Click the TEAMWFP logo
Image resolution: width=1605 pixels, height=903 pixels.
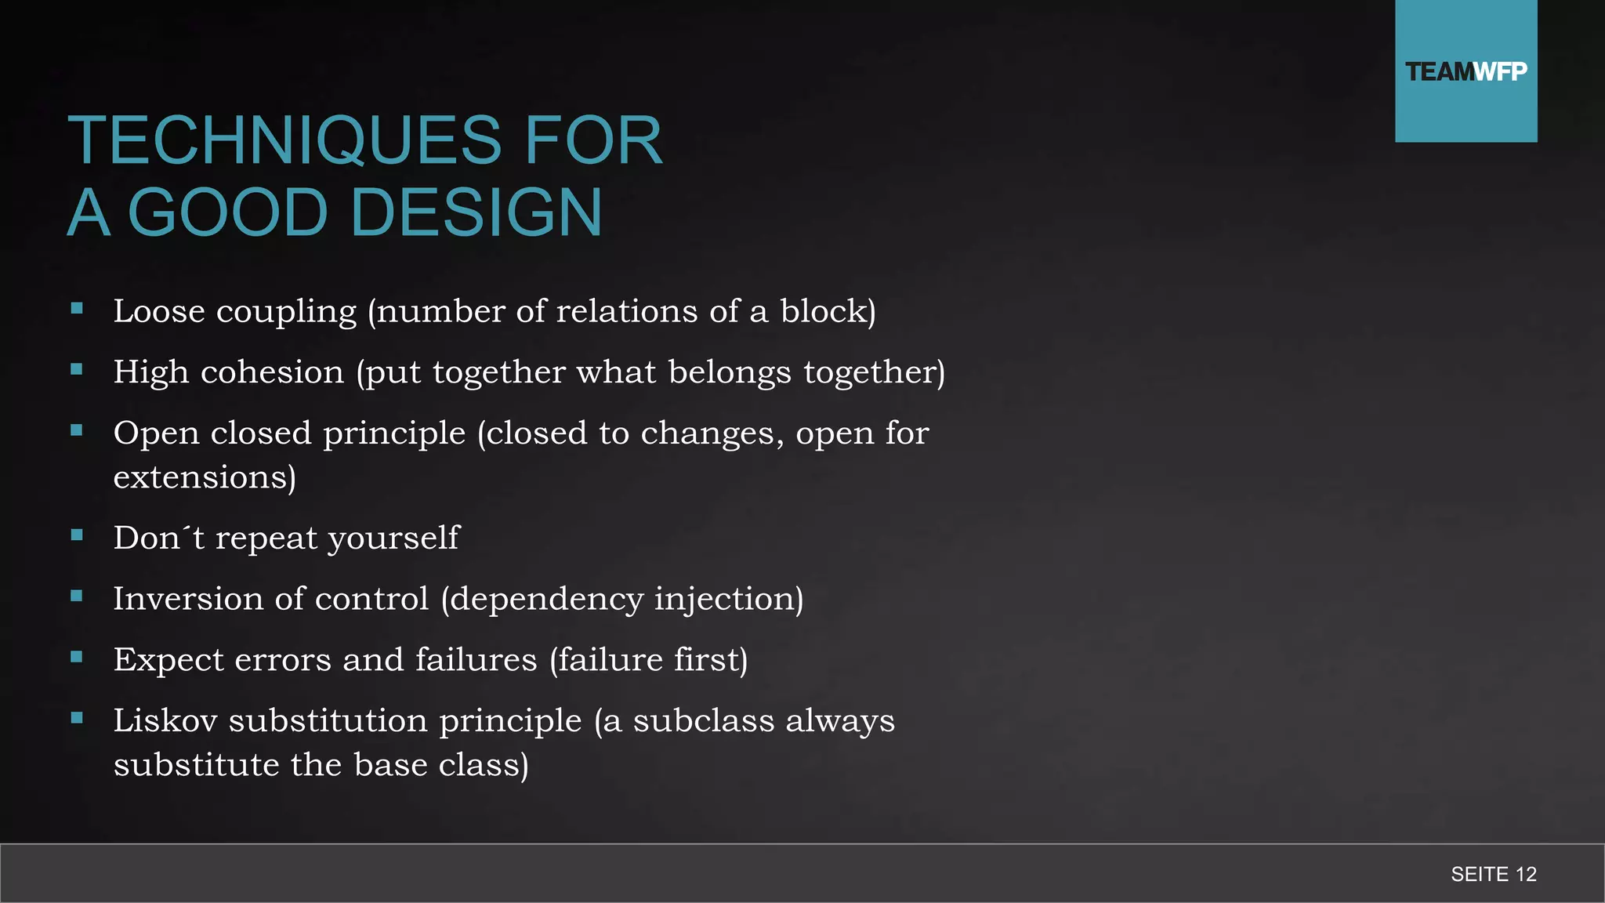pyautogui.click(x=1466, y=71)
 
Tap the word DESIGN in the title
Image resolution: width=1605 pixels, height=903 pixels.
pyautogui.click(x=477, y=213)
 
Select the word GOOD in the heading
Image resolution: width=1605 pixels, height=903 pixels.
pyautogui.click(x=227, y=213)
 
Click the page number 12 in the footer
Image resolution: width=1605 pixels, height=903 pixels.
pyautogui.click(x=1526, y=874)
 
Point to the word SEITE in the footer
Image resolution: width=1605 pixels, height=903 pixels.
pyautogui.click(x=1480, y=874)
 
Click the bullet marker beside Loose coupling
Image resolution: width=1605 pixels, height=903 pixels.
pyautogui.click(x=77, y=309)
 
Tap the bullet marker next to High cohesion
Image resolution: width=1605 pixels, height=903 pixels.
pyautogui.click(x=77, y=369)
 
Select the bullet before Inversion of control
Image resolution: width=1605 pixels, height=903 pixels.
pyautogui.click(x=77, y=596)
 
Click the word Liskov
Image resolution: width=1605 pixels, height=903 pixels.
pyautogui.click(x=165, y=720)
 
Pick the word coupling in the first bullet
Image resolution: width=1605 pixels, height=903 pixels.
pyautogui.click(x=286, y=312)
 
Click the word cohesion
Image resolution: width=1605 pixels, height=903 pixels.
pyautogui.click(x=272, y=372)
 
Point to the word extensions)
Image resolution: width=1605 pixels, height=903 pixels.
pyautogui.click(x=205, y=477)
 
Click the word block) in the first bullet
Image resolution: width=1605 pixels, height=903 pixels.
pyautogui.click(x=828, y=311)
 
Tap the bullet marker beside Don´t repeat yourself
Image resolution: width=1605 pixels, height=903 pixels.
pyautogui.click(x=77, y=535)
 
